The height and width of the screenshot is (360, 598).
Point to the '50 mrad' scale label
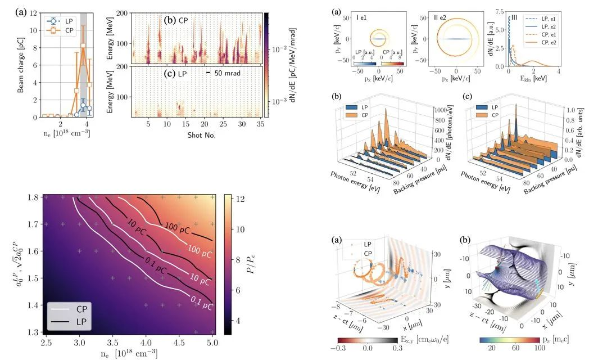coord(229,74)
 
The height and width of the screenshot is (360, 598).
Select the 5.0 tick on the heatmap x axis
coord(212,343)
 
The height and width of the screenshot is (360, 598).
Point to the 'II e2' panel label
coord(443,17)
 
